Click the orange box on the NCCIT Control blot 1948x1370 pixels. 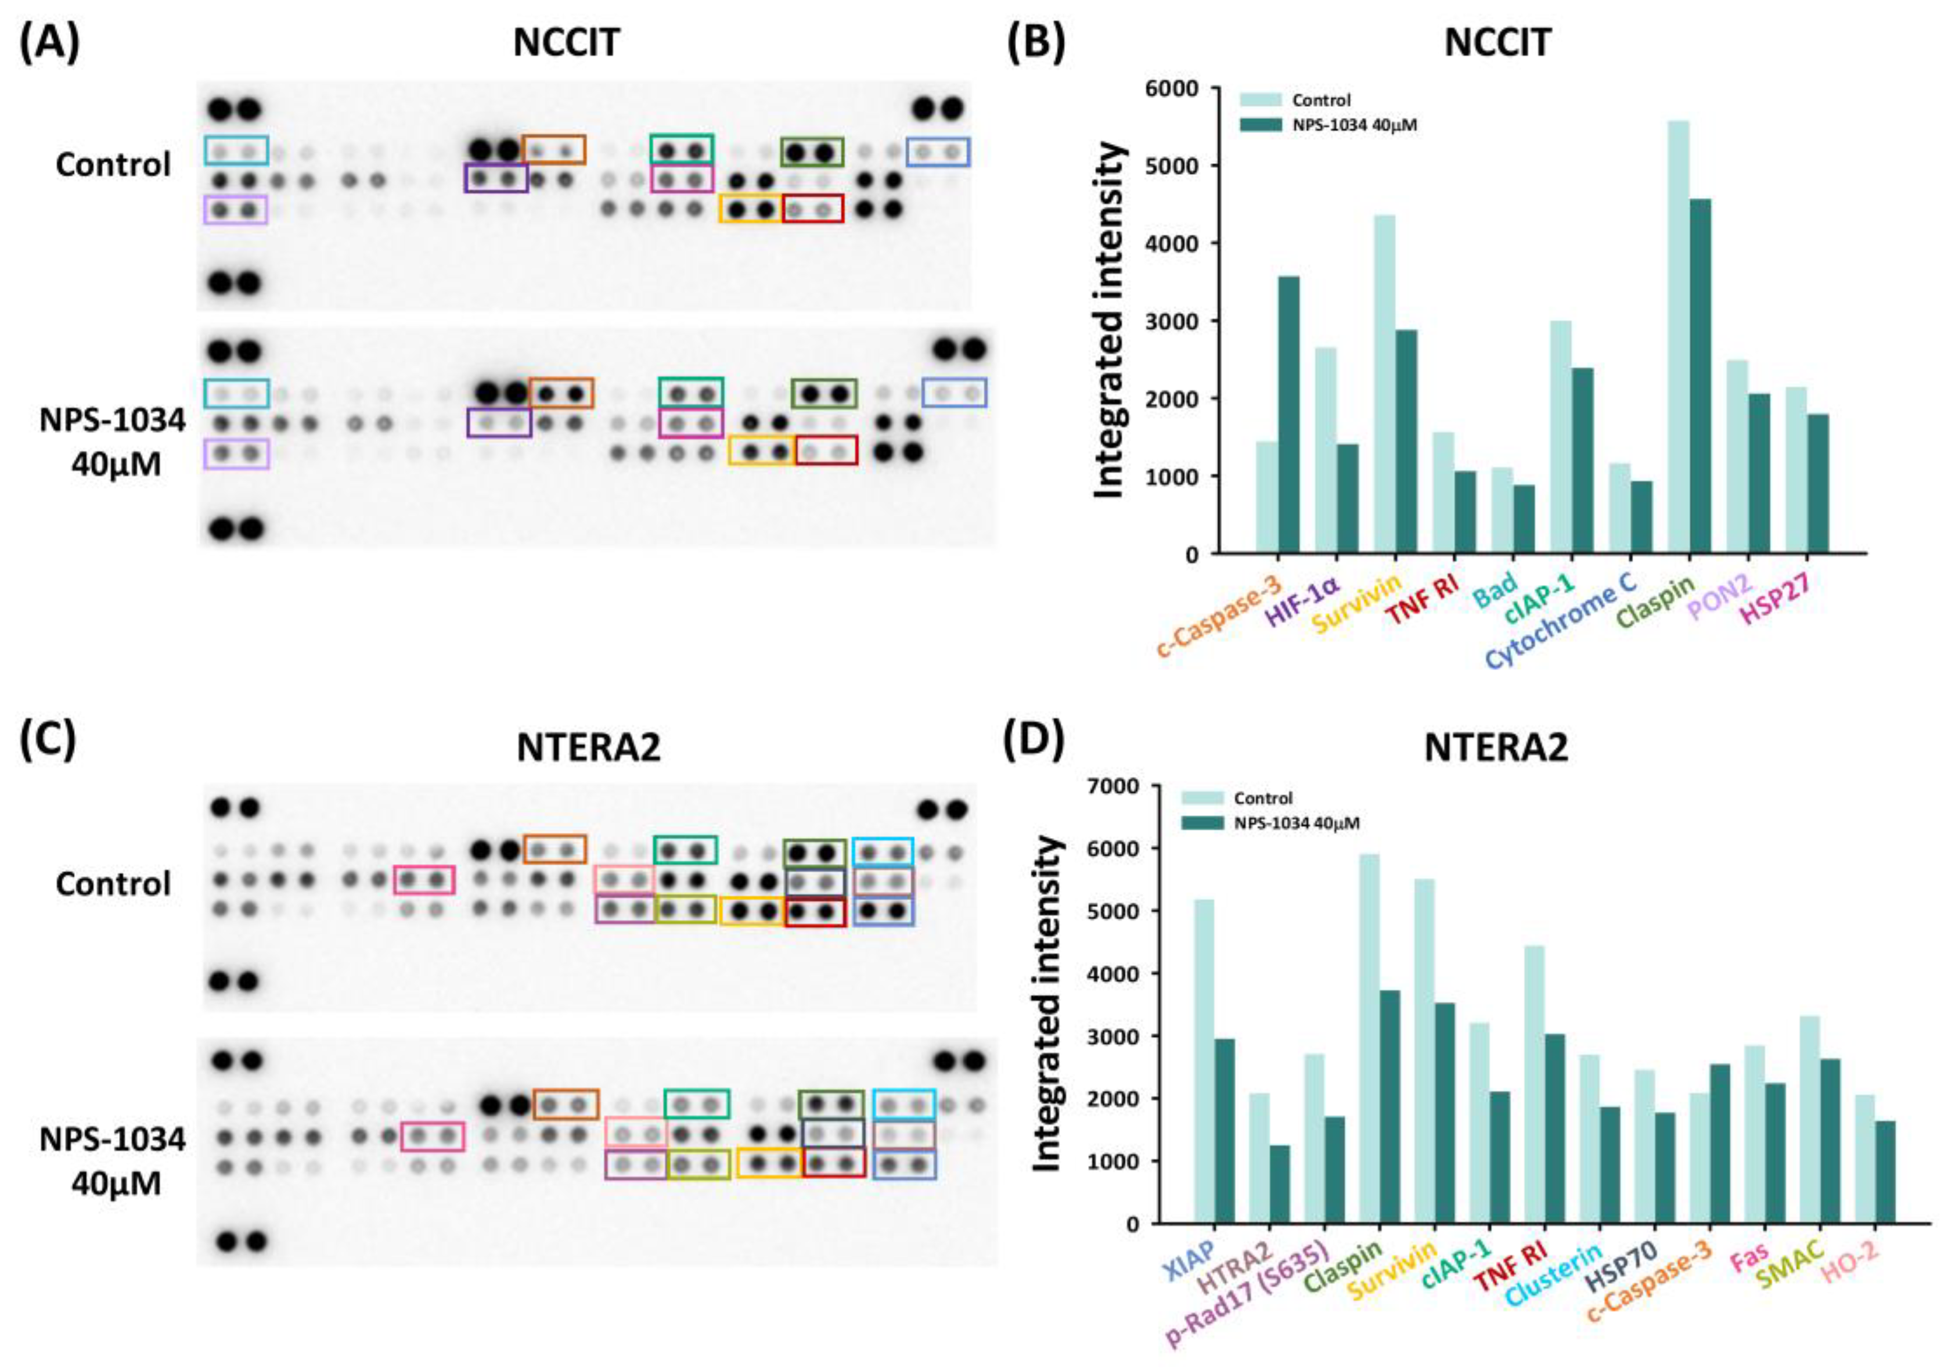(x=553, y=149)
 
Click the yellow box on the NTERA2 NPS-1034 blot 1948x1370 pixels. (x=768, y=1163)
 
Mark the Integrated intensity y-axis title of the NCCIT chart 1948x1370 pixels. (x=1110, y=322)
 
